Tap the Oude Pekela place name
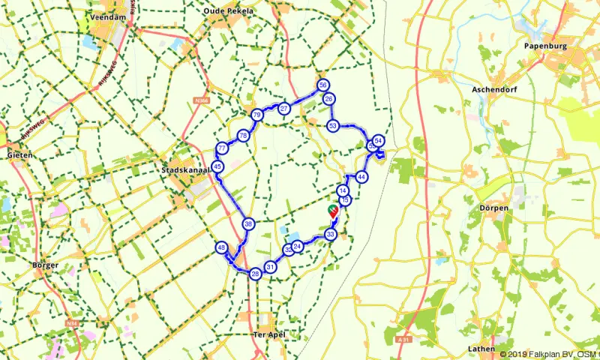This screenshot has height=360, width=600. (x=229, y=11)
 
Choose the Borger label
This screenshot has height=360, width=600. (x=45, y=265)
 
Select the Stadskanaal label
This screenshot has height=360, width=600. (x=183, y=170)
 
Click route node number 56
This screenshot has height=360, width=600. (x=322, y=85)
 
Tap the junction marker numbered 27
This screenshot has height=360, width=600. (x=283, y=109)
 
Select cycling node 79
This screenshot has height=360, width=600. (x=257, y=115)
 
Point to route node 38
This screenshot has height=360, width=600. (x=248, y=223)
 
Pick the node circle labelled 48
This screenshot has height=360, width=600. (x=221, y=247)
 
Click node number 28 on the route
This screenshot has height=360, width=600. (x=256, y=274)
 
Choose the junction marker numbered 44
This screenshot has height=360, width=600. (x=361, y=177)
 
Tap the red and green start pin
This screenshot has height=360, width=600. (x=333, y=211)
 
